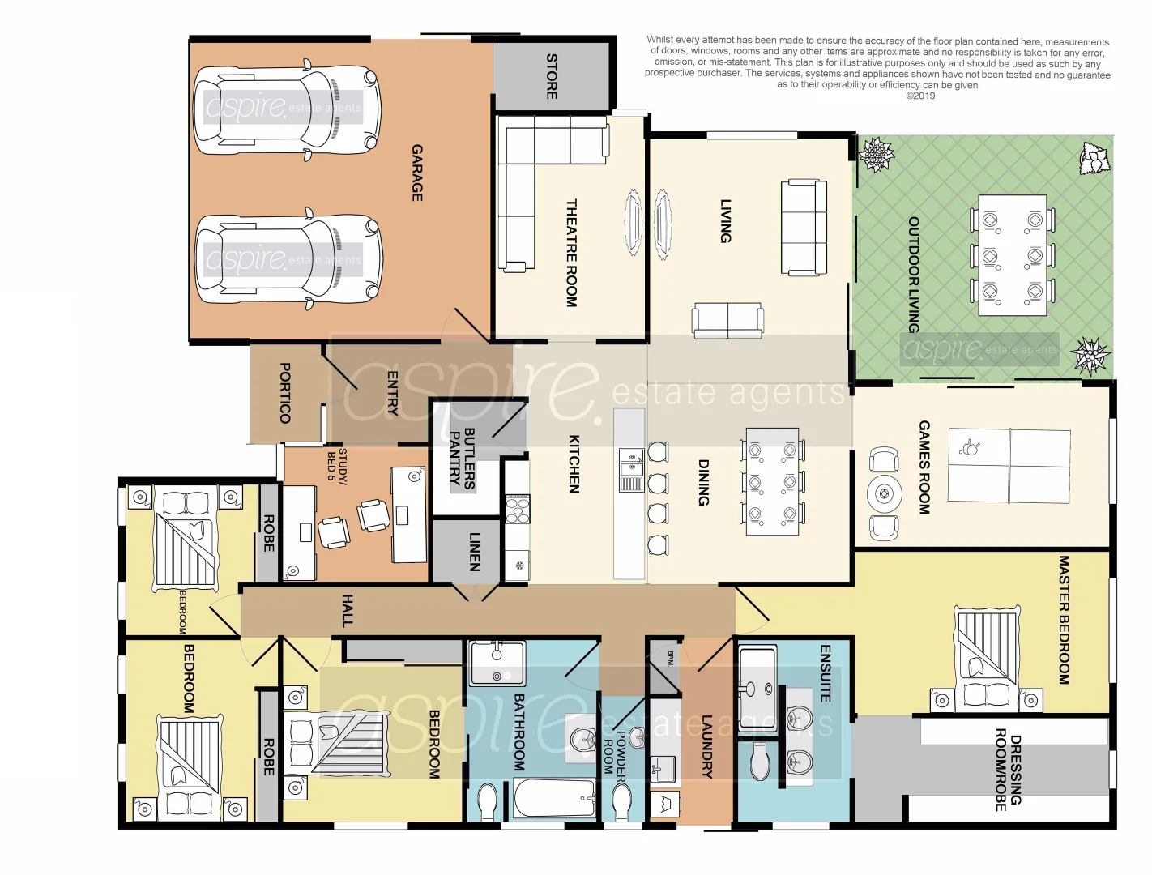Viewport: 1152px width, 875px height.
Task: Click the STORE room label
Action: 552,76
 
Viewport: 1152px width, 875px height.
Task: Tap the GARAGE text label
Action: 417,173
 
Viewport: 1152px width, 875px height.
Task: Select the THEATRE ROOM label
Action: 571,253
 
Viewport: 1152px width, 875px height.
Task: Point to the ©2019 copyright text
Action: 920,96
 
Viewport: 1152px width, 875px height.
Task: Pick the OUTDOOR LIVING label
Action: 914,275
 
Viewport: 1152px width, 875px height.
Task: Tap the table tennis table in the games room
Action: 1009,466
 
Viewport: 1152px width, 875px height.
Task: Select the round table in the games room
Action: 884,493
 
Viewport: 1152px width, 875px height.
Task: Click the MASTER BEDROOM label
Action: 1065,620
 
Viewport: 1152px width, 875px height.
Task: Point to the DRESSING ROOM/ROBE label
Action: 1008,770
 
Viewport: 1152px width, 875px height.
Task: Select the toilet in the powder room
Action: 621,802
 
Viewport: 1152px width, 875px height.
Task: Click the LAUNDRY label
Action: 706,746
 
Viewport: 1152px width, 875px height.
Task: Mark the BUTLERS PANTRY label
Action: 462,458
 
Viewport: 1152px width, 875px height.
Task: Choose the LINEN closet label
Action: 475,552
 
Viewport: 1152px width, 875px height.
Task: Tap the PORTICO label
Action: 284,393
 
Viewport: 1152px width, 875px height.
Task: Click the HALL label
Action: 348,611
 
